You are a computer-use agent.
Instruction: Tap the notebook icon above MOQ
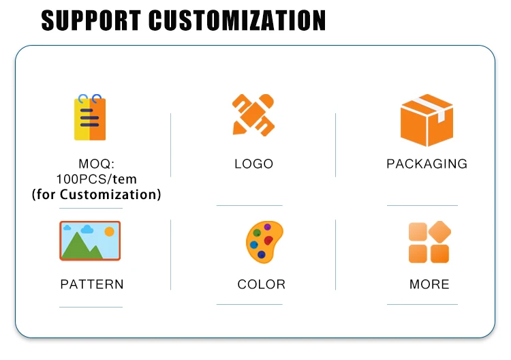point(89,117)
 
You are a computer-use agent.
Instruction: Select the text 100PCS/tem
point(96,179)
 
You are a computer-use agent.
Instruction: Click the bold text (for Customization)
point(96,195)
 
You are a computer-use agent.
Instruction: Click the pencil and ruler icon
point(253,115)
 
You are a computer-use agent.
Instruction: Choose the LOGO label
point(253,164)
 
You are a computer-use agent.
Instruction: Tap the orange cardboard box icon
point(427,121)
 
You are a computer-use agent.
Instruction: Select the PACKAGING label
point(427,164)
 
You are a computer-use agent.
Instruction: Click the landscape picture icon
point(90,241)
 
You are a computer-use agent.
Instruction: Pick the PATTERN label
point(92,284)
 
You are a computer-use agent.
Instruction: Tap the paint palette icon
point(263,241)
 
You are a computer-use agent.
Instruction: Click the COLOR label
point(261,284)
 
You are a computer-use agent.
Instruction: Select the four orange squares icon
point(429,242)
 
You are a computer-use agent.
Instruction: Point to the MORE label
point(429,284)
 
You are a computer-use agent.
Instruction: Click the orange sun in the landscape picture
point(109,232)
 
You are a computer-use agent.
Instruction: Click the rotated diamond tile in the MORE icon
point(439,232)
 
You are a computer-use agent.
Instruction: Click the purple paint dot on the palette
point(267,227)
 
